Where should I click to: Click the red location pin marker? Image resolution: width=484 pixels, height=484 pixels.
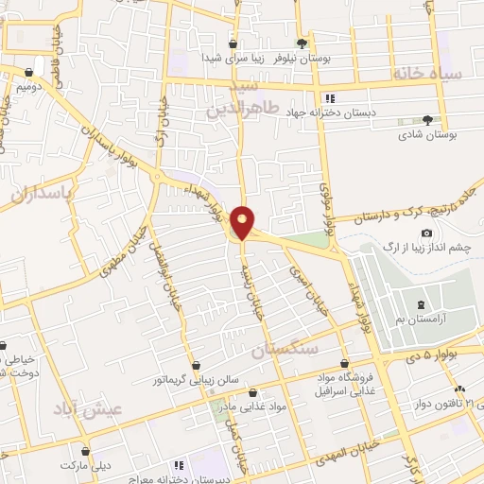243,221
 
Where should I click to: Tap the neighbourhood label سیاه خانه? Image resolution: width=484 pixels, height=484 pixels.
429,74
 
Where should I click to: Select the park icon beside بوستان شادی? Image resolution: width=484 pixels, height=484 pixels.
427,120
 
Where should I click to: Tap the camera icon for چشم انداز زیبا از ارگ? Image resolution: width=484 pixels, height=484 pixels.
427,233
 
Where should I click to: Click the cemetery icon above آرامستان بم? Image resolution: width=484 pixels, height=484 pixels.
420,304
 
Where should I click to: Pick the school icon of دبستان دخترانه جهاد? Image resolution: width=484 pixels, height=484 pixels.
329,98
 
